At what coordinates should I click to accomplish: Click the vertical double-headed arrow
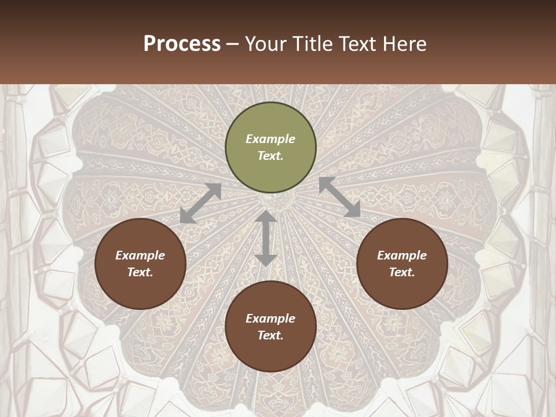(266, 238)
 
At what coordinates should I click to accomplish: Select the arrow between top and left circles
(201, 203)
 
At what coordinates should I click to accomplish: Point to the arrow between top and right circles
(339, 197)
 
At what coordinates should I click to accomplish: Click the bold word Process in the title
(182, 43)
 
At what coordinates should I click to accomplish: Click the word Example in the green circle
(270, 139)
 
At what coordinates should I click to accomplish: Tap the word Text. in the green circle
(270, 156)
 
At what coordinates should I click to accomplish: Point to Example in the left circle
(140, 255)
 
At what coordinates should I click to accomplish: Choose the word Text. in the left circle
(140, 272)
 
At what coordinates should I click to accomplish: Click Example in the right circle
(402, 255)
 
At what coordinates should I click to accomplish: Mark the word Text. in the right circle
(402, 272)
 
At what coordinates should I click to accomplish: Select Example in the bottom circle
(270, 319)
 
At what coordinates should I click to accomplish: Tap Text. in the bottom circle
(270, 335)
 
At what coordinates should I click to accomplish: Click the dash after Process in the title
(233, 44)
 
